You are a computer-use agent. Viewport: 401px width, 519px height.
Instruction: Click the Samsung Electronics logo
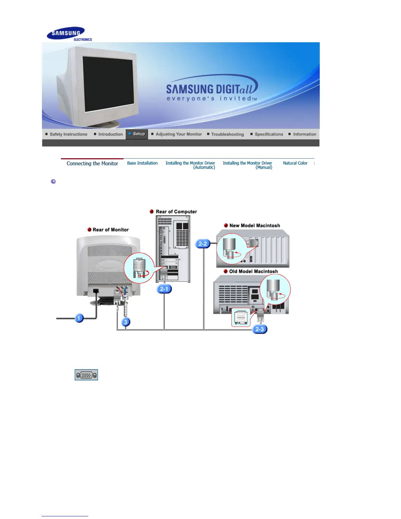tap(69, 34)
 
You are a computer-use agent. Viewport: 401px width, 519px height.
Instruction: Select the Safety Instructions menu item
tap(68, 134)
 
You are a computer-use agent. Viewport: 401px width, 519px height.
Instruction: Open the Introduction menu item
tap(110, 134)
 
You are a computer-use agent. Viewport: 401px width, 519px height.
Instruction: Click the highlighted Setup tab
tap(137, 134)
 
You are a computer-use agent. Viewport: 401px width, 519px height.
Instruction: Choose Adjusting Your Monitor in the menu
tap(178, 134)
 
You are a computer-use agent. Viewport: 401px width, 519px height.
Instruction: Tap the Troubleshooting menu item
tap(227, 134)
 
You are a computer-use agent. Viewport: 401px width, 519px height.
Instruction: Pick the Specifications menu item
tap(268, 134)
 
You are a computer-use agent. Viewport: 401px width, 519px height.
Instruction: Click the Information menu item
tap(304, 134)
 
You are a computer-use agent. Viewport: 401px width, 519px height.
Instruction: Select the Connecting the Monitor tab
tap(92, 163)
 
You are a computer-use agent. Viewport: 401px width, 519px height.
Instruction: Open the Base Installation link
tap(142, 163)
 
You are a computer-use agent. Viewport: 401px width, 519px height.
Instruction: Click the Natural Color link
tap(295, 163)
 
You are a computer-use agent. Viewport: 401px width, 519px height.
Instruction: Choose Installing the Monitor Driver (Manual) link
tap(248, 165)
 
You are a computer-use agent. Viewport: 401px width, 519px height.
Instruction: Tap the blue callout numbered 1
tap(79, 318)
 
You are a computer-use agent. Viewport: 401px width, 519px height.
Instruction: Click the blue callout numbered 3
tap(125, 322)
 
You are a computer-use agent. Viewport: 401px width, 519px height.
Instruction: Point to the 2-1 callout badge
tap(164, 289)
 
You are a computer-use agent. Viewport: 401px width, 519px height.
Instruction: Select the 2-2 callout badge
tap(203, 244)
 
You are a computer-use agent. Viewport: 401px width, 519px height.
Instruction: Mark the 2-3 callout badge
tap(259, 329)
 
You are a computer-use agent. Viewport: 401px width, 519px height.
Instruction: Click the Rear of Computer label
tap(176, 212)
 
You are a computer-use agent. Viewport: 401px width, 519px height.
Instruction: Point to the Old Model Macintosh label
tap(253, 272)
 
